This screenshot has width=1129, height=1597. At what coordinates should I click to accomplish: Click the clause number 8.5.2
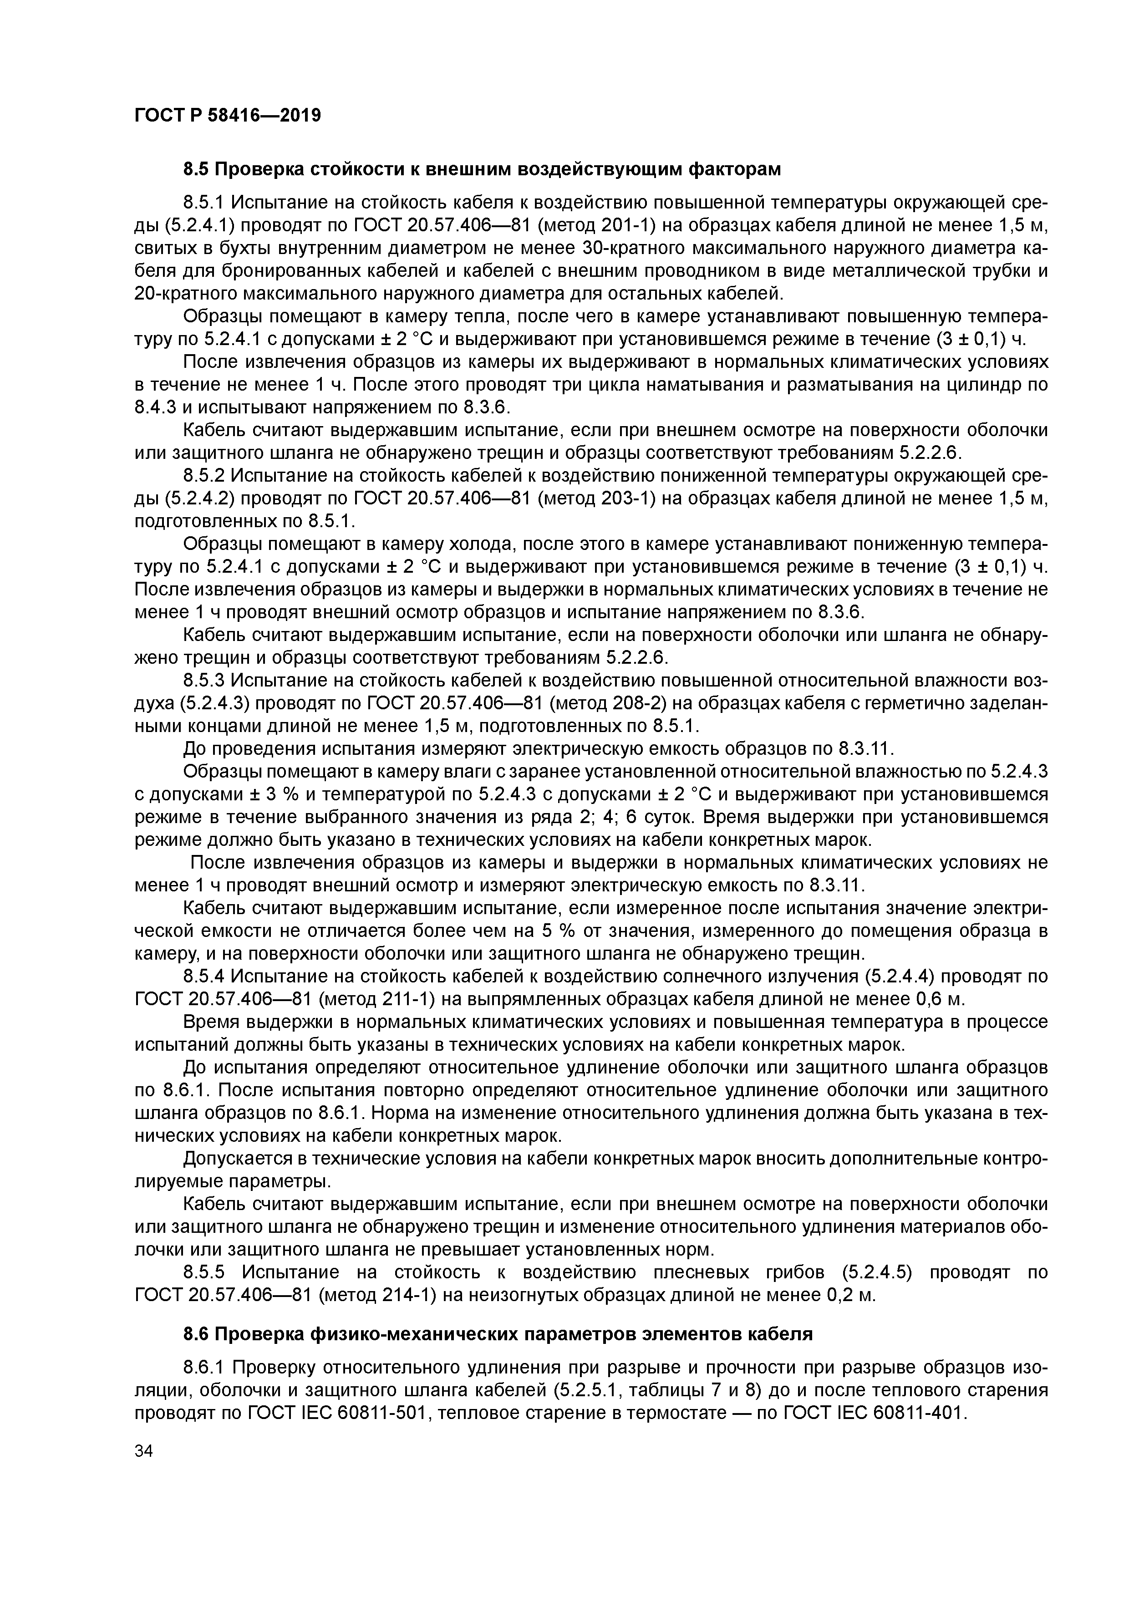[204, 477]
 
